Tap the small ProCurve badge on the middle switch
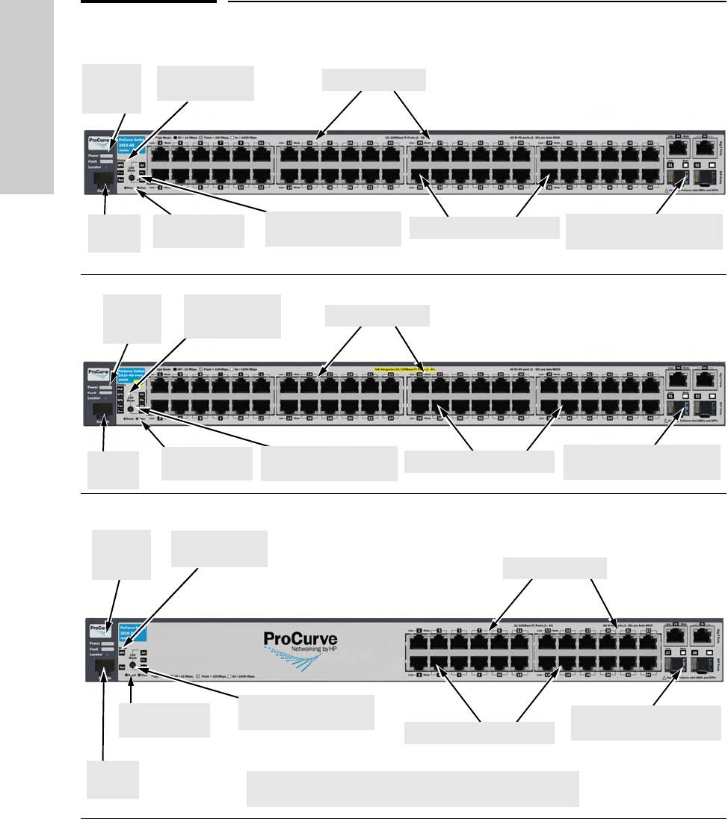(98, 371)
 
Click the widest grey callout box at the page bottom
(413, 789)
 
